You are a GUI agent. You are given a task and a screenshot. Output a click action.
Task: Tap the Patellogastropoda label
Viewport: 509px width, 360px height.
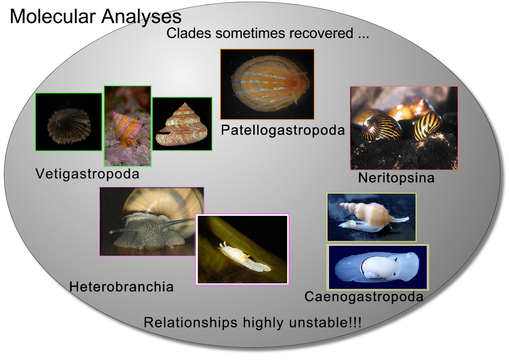click(x=283, y=131)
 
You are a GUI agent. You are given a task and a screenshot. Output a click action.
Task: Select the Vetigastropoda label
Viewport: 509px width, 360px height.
click(x=87, y=174)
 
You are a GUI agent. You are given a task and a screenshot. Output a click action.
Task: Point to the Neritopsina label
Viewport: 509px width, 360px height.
click(x=396, y=178)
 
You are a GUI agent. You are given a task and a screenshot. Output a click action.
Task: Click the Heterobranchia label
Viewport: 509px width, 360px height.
click(x=122, y=287)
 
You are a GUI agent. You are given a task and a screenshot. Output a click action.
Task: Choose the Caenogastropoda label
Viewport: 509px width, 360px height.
click(x=364, y=297)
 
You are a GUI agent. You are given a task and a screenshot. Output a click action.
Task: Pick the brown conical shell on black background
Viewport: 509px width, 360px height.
click(x=182, y=124)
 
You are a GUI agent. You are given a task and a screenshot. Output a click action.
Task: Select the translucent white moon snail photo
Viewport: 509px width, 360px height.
click(x=377, y=267)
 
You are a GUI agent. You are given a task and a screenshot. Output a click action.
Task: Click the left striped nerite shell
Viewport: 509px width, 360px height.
click(x=382, y=128)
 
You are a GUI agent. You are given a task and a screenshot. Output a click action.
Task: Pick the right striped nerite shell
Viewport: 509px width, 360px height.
click(x=428, y=125)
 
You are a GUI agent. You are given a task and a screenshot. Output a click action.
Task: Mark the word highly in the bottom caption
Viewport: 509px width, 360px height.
click(x=263, y=323)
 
